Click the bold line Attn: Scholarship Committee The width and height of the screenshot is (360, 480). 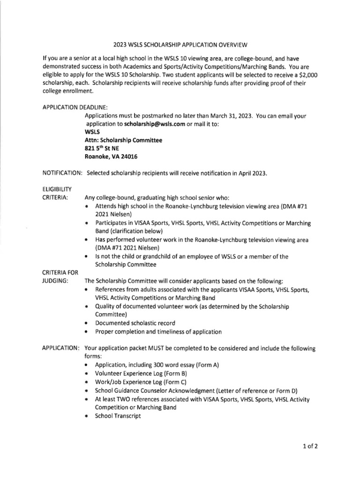[123, 140]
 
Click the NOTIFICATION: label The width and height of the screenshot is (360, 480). [62, 173]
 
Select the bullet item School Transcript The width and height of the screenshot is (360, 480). [118, 416]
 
